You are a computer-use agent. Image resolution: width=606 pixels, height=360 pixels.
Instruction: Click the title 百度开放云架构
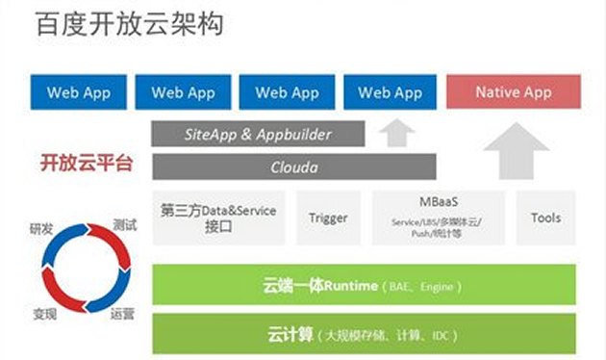130,25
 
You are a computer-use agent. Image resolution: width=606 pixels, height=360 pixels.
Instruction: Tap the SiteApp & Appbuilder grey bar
258,135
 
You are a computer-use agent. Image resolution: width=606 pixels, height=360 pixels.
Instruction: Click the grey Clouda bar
293,167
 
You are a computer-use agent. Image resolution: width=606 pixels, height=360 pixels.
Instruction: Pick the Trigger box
328,218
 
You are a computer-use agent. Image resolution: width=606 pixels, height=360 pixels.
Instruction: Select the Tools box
545,218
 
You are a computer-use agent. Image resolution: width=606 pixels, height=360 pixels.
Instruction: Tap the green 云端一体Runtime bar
366,286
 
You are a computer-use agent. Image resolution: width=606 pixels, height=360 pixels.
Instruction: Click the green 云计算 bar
366,335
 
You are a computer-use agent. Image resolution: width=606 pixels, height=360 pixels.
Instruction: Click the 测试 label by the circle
124,225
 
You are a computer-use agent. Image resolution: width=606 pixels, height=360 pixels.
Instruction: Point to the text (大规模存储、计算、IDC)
379,336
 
